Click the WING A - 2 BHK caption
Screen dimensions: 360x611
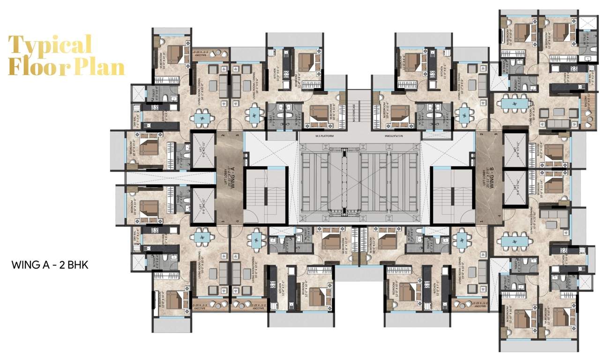[x=50, y=265]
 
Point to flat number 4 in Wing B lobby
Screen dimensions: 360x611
[x=500, y=216]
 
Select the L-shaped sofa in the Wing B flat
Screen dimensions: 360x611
[x=553, y=217]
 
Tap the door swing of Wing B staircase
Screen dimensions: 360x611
[x=466, y=217]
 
